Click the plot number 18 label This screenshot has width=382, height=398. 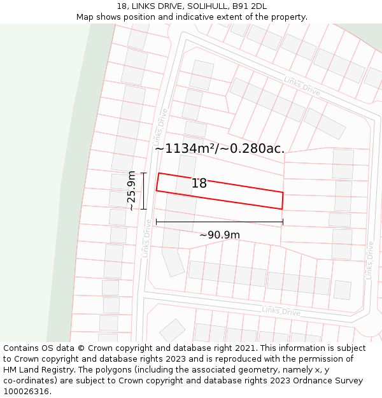click(199, 183)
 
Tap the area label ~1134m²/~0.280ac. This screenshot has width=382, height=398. click(219, 149)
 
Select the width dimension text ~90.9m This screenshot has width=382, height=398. click(220, 235)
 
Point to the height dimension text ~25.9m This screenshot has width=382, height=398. click(131, 190)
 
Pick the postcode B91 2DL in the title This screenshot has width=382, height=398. click(249, 6)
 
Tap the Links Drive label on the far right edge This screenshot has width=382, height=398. click(369, 260)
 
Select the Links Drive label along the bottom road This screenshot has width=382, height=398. click(281, 311)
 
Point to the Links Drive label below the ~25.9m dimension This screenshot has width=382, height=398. click(146, 239)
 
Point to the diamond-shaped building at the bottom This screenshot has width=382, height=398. click(172, 330)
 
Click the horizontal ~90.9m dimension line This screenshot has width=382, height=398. click(220, 222)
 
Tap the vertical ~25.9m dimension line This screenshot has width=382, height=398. click(144, 190)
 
